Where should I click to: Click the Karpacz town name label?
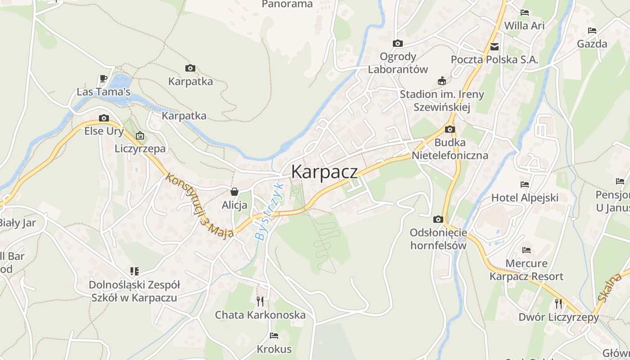[x=324, y=172]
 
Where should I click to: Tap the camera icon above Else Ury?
[x=104, y=118]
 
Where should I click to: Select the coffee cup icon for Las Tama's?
[x=103, y=79]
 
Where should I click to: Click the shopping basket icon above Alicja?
[x=234, y=192]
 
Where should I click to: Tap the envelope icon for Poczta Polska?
[x=495, y=46]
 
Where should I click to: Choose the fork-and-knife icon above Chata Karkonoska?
[x=260, y=301]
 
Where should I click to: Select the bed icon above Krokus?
[x=274, y=336]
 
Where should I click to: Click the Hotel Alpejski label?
[x=525, y=198]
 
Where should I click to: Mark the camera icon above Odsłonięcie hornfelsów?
[x=438, y=220]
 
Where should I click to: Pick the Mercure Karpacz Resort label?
[x=526, y=270]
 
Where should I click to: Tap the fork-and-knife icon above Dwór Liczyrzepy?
[x=558, y=303]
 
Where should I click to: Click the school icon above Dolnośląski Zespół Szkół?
[x=134, y=271]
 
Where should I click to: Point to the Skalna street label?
[x=610, y=286]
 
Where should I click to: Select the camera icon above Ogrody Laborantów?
[x=397, y=43]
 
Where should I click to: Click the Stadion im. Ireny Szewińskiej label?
[x=442, y=100]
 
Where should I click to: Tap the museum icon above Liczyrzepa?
[x=140, y=135]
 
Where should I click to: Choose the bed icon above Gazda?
[x=592, y=31]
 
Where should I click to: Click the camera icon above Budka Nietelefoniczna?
[x=450, y=130]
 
